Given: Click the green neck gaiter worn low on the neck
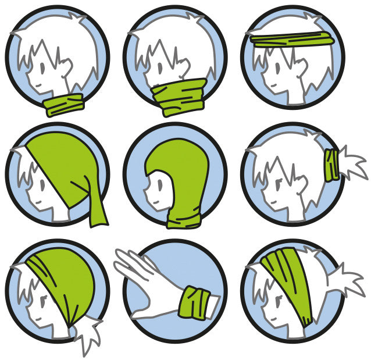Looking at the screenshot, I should click(x=64, y=105).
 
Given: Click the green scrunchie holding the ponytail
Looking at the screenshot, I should click(x=332, y=164).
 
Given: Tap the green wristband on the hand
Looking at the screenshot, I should click(x=194, y=301).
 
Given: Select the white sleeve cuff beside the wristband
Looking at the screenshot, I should click(x=213, y=304).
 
